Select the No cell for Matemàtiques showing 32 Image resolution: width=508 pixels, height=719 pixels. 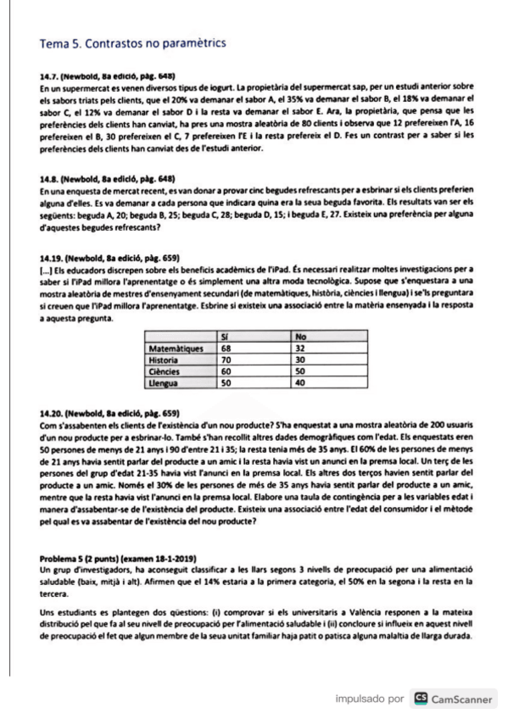click(x=301, y=348)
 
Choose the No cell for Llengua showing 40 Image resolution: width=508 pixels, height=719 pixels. click(x=301, y=382)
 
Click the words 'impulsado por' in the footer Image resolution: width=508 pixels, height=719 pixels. click(x=370, y=699)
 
